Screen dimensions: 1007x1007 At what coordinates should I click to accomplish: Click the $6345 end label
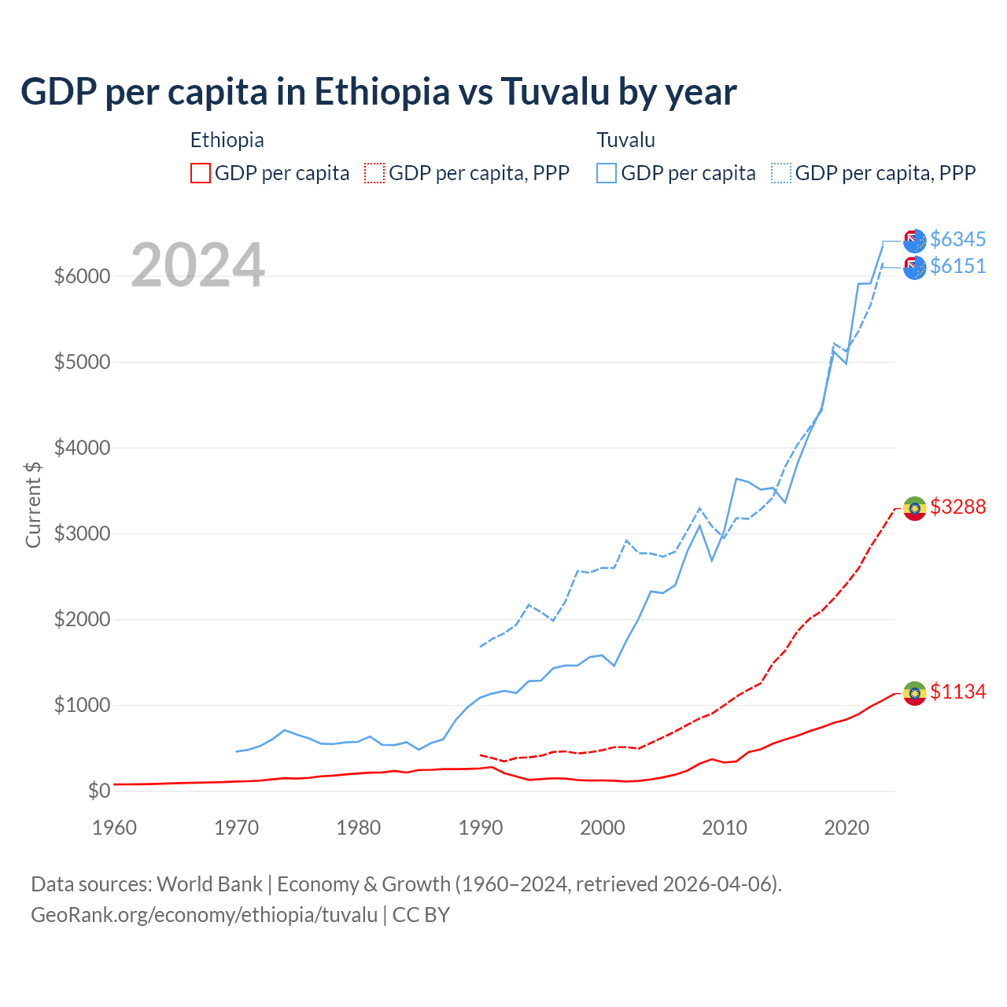pyautogui.click(x=957, y=239)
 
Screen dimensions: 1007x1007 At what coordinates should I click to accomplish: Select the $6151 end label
pyautogui.click(x=957, y=267)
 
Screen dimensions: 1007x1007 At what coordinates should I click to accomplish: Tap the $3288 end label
pyautogui.click(x=957, y=507)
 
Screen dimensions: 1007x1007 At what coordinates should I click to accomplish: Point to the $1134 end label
pyautogui.click(x=957, y=692)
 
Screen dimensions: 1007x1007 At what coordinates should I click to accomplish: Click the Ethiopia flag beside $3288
pyautogui.click(x=914, y=508)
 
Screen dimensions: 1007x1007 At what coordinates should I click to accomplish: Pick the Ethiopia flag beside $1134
pyautogui.click(x=914, y=693)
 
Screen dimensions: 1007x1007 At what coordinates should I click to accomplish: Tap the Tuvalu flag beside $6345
pyautogui.click(x=914, y=241)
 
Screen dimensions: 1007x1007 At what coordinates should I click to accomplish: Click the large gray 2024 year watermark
pyautogui.click(x=197, y=265)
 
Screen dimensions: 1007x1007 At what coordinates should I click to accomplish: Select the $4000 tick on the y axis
pyautogui.click(x=82, y=448)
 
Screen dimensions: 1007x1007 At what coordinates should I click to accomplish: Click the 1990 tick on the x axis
pyautogui.click(x=481, y=828)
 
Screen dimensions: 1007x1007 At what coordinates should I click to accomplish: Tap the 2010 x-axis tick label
pyautogui.click(x=725, y=828)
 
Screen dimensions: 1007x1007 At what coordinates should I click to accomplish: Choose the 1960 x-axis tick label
pyautogui.click(x=115, y=828)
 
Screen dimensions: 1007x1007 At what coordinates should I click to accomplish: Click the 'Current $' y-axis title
pyautogui.click(x=33, y=504)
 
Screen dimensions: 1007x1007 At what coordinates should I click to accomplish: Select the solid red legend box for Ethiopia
pyautogui.click(x=201, y=173)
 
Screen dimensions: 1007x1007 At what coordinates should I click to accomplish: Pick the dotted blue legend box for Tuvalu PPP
pyautogui.click(x=781, y=173)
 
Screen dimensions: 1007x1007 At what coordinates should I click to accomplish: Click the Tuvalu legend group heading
pyautogui.click(x=625, y=140)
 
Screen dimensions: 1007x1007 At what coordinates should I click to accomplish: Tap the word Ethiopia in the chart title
pyautogui.click(x=382, y=91)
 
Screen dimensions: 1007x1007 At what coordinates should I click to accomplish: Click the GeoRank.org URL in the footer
pyautogui.click(x=204, y=915)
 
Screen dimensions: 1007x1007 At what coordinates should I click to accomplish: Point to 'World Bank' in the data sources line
pyautogui.click(x=209, y=884)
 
